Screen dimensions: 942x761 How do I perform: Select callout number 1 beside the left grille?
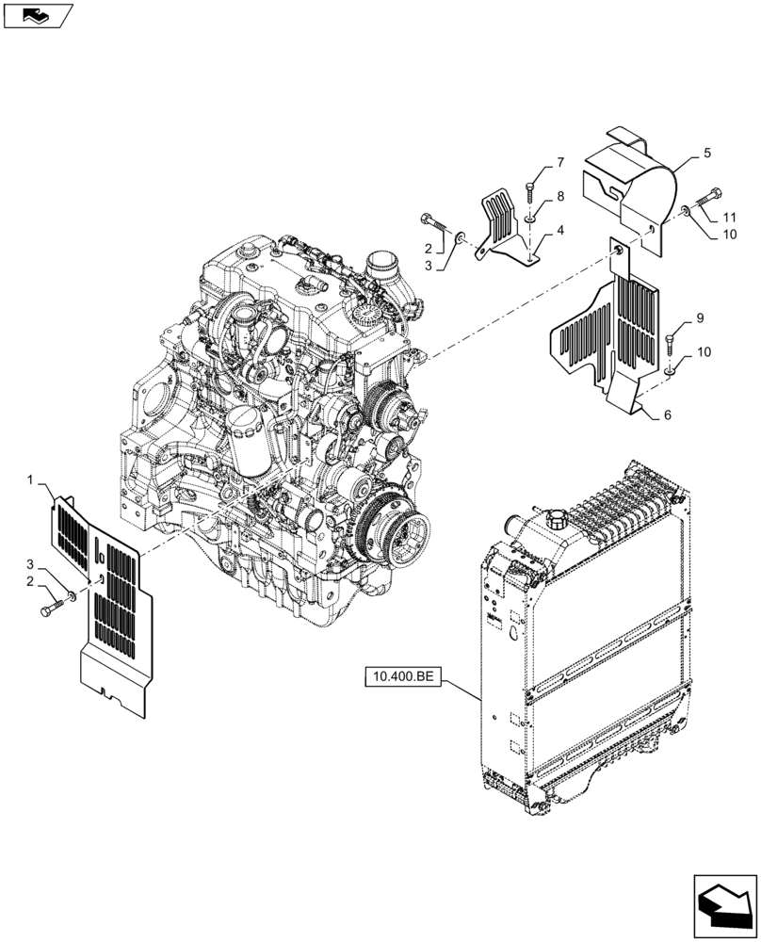click(x=31, y=481)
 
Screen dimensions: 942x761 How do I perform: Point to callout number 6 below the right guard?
click(x=668, y=415)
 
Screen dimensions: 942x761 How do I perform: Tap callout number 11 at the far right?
click(x=731, y=218)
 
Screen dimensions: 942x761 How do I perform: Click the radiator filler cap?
click(x=554, y=519)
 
